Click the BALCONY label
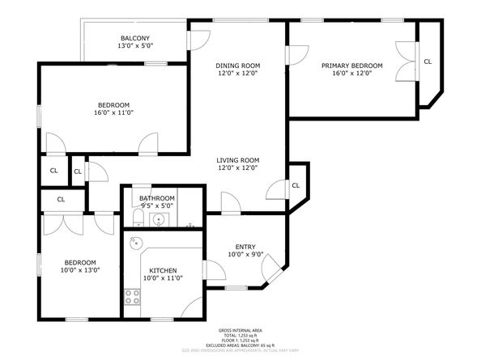click(x=135, y=39)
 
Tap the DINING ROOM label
click(x=237, y=66)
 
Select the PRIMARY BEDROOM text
click(x=351, y=66)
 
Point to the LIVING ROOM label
click(x=237, y=160)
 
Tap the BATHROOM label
click(x=156, y=198)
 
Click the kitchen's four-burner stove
click(x=131, y=297)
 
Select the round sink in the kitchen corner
click(x=134, y=242)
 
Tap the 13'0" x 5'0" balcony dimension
click(x=135, y=48)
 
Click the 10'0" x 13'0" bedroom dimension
click(x=80, y=271)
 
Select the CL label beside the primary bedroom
click(x=428, y=61)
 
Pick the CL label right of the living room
click(x=296, y=185)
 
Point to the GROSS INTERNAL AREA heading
click(x=240, y=331)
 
